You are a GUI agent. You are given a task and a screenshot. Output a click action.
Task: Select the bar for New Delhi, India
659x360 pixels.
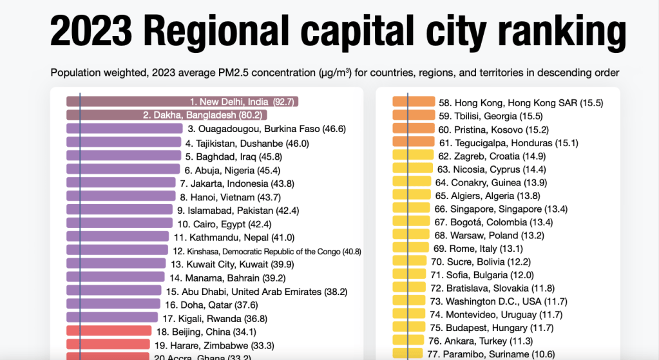129,102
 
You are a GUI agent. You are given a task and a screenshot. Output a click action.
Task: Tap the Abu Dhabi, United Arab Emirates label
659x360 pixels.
256,291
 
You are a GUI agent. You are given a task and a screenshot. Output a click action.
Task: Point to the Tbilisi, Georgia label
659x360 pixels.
490,116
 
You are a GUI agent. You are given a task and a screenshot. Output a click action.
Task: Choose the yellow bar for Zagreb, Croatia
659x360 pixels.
412,156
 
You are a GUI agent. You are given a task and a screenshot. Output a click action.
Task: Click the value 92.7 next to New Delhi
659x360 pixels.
283,102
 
